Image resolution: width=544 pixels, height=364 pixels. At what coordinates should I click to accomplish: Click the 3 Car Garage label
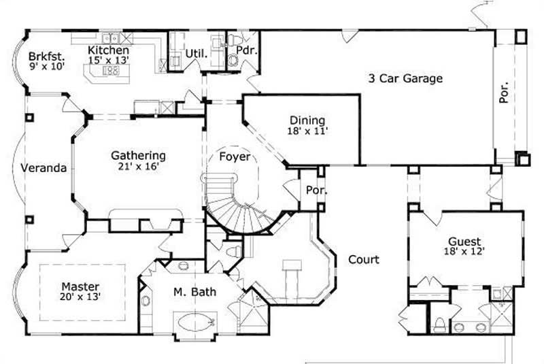405,78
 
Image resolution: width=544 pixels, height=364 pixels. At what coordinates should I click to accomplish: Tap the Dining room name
307,120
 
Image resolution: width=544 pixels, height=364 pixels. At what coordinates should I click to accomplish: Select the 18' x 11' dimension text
307,131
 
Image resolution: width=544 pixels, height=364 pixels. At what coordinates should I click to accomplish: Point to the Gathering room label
138,156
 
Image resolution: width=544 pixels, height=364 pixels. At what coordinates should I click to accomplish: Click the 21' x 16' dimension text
138,166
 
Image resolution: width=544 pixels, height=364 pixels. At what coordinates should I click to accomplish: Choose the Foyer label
234,157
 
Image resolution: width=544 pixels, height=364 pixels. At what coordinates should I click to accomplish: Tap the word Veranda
44,168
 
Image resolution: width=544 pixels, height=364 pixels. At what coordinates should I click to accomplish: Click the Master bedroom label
80,286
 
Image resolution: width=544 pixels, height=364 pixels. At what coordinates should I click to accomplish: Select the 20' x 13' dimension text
80,297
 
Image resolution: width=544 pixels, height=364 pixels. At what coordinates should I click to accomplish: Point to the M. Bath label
194,293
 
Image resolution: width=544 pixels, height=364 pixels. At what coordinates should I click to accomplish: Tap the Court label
363,259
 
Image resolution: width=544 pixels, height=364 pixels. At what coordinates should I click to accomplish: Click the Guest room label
464,242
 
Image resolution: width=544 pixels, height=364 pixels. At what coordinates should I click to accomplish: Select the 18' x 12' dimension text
464,252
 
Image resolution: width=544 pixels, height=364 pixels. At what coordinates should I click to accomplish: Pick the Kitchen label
109,50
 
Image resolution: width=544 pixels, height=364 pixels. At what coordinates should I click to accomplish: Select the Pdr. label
244,50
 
